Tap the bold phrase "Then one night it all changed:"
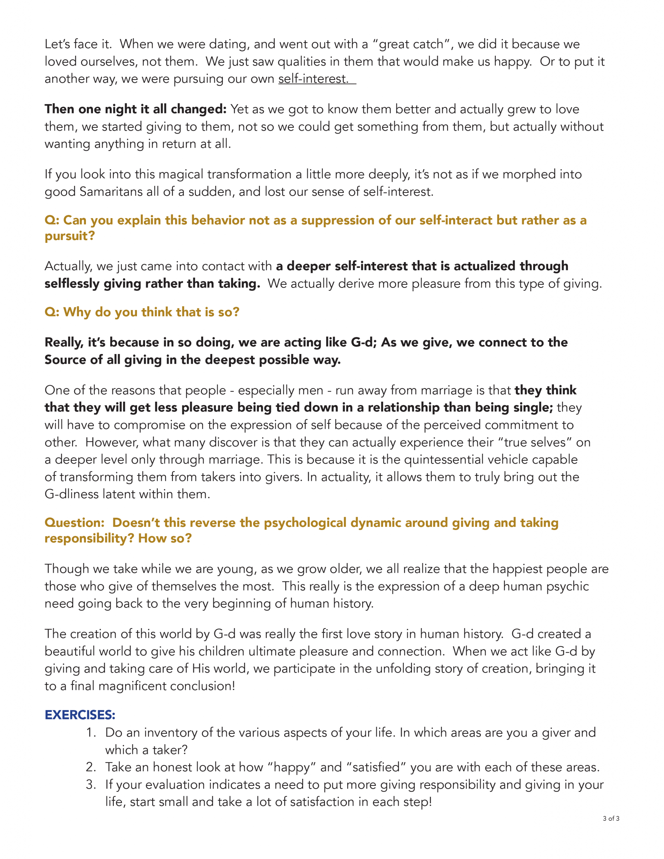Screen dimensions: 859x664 point(135,109)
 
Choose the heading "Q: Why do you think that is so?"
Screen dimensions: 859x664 point(142,312)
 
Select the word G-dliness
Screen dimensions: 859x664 point(71,494)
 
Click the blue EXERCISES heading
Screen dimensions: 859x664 point(80,715)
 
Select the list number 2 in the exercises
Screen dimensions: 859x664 point(91,767)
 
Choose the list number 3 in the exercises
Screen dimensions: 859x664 point(91,785)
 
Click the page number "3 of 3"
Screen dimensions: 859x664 point(611,818)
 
